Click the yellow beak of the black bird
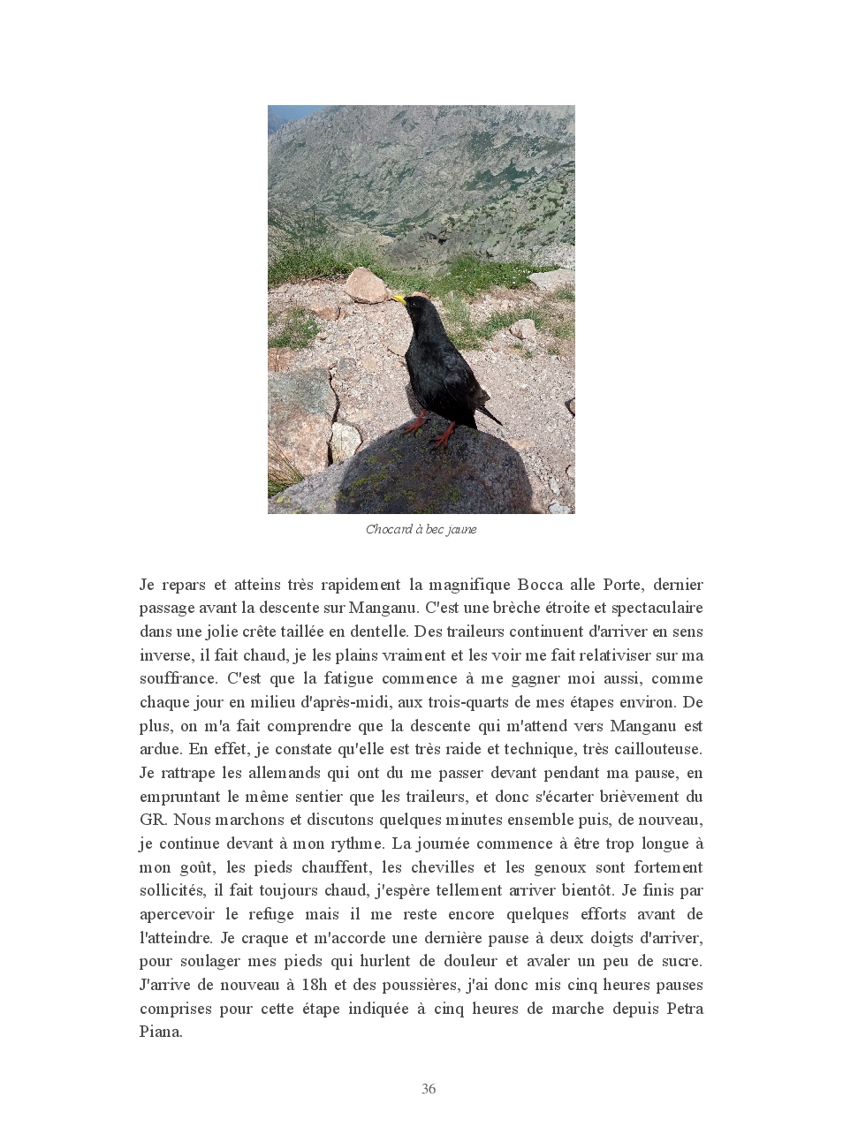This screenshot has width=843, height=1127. pos(399,299)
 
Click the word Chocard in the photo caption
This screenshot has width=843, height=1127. pos(389,530)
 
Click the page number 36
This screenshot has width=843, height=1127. pos(429,1089)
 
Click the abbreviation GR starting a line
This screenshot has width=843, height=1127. pos(152,820)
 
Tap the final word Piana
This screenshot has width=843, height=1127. pos(160,1032)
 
